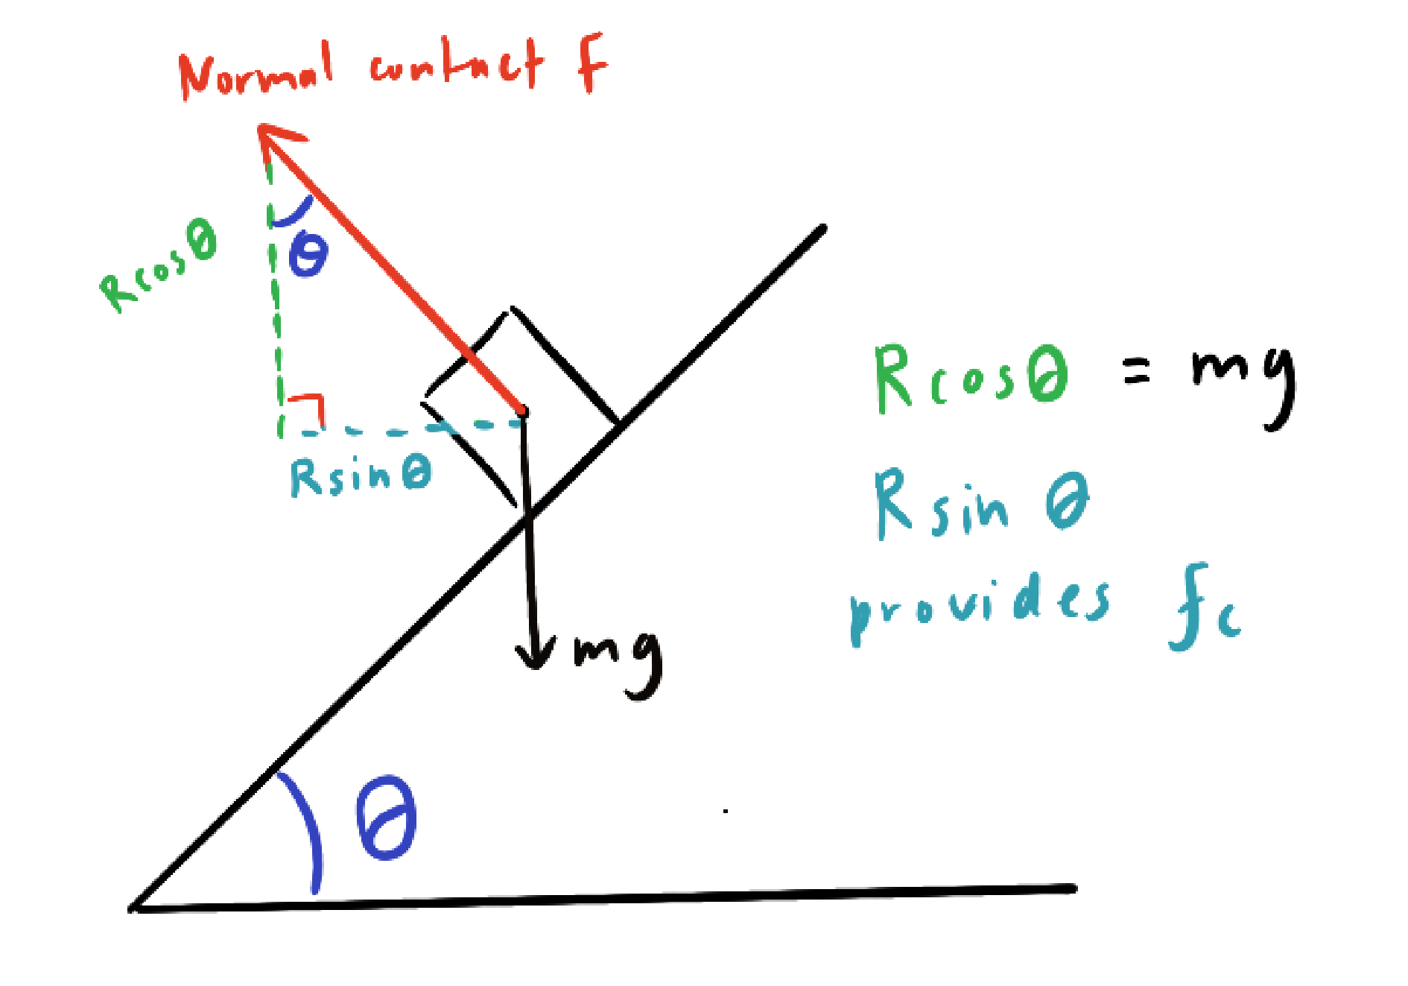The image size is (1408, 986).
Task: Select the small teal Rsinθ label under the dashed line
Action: pos(361,477)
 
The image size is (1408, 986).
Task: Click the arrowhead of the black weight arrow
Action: pos(536,656)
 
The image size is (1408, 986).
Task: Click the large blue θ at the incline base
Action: pos(386,818)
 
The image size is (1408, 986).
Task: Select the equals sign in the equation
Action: pos(1136,370)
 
